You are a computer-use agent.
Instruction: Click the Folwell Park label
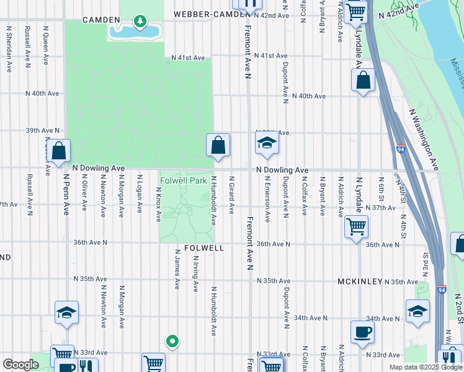point(183,181)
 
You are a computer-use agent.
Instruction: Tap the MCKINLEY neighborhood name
point(360,281)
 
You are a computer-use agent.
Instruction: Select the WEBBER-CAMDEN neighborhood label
point(205,14)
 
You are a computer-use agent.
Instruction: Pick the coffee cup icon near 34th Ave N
point(362,331)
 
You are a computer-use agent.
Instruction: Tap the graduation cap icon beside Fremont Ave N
point(267,144)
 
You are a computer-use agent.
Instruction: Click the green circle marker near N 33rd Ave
point(172,340)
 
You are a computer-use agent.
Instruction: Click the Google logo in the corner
point(20,365)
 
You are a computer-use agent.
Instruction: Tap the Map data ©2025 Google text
point(426,367)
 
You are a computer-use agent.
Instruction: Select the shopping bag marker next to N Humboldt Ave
point(218,147)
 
